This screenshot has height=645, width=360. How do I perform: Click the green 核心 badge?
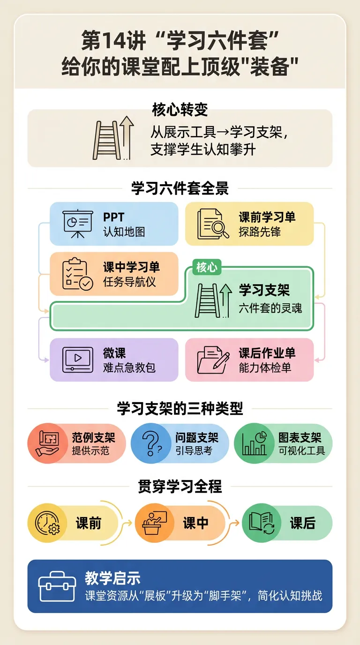(207, 267)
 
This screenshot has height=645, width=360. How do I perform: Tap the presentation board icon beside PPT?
(77, 224)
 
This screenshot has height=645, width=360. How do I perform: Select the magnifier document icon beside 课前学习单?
(213, 224)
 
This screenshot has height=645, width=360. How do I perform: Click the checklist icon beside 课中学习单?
(77, 274)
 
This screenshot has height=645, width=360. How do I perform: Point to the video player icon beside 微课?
(77, 359)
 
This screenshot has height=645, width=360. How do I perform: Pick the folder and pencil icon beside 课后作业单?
(213, 360)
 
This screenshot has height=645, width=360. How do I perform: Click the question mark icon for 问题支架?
(151, 443)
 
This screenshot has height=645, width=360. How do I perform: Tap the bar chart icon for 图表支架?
(254, 443)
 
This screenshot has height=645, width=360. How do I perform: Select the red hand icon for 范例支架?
(48, 443)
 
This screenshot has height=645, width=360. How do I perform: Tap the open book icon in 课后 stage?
(262, 523)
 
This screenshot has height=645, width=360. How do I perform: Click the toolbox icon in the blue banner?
(57, 586)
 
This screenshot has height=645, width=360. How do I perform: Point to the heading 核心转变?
(180, 110)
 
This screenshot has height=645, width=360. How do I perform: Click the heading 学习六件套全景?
(180, 188)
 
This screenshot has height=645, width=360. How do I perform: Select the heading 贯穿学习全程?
(180, 487)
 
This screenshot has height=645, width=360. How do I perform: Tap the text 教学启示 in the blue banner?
(112, 578)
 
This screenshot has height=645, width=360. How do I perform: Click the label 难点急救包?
(129, 367)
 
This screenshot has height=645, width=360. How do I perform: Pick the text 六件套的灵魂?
(270, 307)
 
